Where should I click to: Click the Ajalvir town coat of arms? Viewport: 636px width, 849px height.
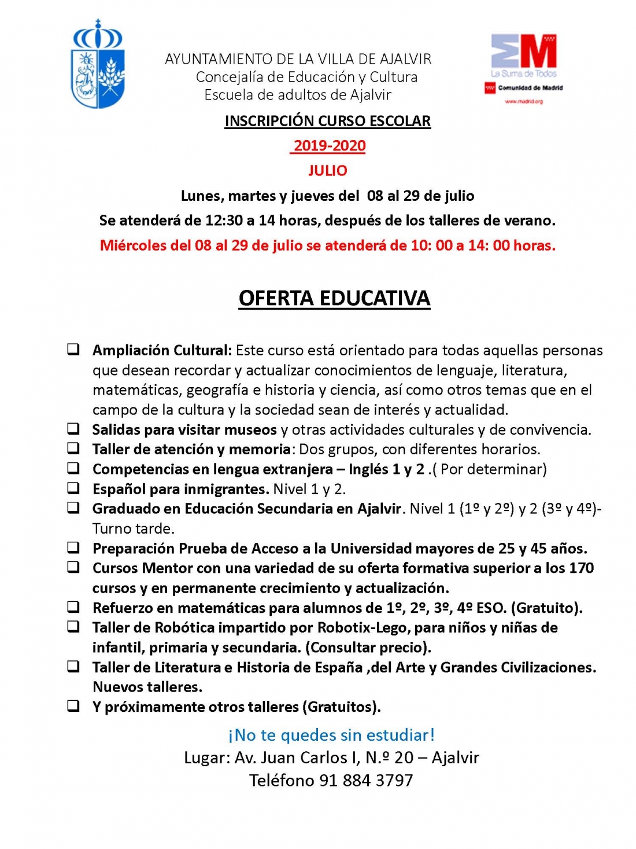pos(97,64)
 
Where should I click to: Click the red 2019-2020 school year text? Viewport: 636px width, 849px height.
pos(329,146)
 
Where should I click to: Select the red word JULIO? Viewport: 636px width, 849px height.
pos(327,171)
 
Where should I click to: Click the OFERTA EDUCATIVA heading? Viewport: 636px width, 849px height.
pos(334,298)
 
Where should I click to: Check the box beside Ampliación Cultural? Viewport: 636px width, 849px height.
pos(73,350)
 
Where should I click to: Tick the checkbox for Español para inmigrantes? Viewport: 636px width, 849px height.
pos(73,488)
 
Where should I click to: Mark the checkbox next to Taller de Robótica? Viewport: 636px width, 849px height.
pos(73,627)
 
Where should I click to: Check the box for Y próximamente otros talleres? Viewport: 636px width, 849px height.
pos(73,706)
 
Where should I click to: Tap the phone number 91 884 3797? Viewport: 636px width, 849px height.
pos(366,780)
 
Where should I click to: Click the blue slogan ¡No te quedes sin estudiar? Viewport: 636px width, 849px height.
pos(331,735)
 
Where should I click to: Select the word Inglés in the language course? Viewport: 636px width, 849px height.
pos(368,469)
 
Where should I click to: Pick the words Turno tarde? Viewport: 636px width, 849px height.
pos(134,528)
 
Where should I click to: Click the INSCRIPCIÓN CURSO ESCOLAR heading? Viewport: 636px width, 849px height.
pos(327,121)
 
